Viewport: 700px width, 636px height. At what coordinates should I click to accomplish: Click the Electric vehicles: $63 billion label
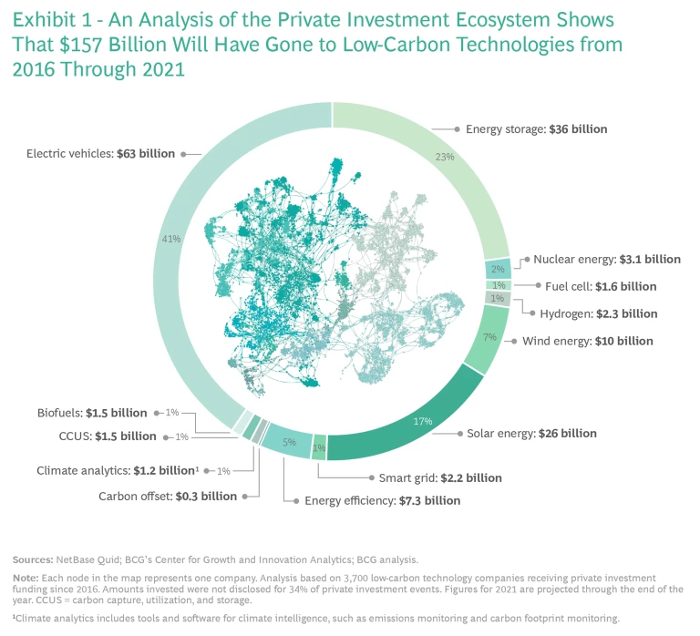click(101, 153)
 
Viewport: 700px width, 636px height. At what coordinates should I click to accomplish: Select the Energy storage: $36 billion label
click(536, 129)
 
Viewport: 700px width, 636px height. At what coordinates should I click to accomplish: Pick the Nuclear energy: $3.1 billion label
click(606, 259)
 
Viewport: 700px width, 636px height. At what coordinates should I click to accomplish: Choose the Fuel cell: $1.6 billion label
click(601, 286)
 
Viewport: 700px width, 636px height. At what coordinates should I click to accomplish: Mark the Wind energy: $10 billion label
click(587, 341)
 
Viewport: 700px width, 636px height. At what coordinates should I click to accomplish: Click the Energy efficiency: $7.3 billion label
click(382, 500)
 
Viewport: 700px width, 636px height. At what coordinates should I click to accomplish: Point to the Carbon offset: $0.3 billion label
click(168, 497)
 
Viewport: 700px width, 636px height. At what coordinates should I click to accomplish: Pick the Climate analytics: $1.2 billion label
click(117, 470)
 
